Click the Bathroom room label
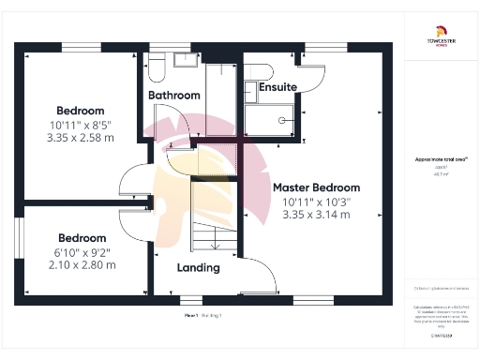174,96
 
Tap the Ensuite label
278,87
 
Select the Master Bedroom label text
316,187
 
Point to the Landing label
199,268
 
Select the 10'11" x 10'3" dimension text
316,202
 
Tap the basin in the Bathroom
183,59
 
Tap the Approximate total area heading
441,160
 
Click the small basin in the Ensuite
250,89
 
